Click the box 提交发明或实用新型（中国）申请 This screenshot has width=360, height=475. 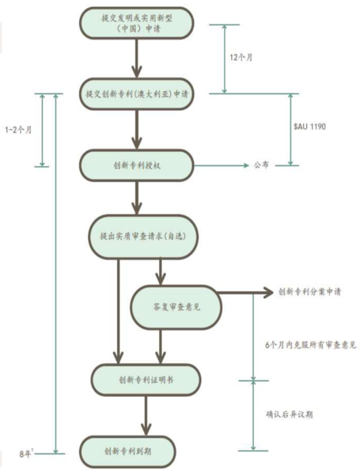click(x=137, y=23)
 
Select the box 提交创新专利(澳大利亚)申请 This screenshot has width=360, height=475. click(x=137, y=94)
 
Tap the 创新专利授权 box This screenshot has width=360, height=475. click(x=137, y=165)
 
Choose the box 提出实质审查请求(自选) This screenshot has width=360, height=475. click(x=143, y=237)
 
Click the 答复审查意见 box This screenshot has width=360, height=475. click(x=176, y=307)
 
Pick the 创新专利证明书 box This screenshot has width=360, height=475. click(x=146, y=380)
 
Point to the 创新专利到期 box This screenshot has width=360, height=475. click(x=127, y=452)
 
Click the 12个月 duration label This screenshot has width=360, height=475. click(x=241, y=57)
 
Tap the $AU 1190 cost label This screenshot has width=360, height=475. click(x=309, y=126)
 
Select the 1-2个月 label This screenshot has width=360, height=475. click(x=18, y=130)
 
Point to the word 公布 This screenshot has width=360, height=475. click(x=261, y=165)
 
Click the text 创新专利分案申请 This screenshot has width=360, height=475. click(x=309, y=291)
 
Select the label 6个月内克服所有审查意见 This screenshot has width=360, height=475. click(x=311, y=344)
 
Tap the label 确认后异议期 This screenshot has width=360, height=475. click(x=289, y=414)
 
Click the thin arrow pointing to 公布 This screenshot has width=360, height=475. click(x=221, y=165)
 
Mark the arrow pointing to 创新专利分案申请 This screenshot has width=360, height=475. click(x=245, y=293)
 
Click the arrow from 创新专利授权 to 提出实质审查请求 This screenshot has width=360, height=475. click(x=137, y=198)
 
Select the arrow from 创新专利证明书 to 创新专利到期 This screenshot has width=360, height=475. click(x=146, y=416)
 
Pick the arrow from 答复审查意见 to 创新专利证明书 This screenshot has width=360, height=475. click(x=161, y=347)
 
